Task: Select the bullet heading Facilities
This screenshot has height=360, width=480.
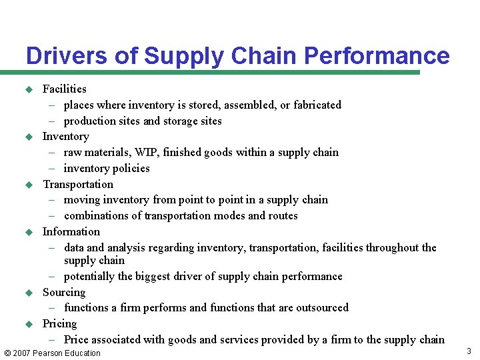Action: [x=65, y=89]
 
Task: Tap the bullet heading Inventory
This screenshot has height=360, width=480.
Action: [x=65, y=136]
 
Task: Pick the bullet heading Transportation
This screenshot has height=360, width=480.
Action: [x=78, y=184]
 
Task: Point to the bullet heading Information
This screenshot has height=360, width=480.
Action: [x=71, y=231]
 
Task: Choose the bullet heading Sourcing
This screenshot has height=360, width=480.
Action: [x=64, y=292]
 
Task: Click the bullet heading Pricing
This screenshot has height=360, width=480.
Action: [x=60, y=323]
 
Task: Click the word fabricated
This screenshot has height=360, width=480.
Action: [x=316, y=105]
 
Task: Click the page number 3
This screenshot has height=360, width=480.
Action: [x=469, y=351]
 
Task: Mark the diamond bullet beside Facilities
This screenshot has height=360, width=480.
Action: [x=29, y=89]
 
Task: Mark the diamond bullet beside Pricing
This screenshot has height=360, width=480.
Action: [x=29, y=324]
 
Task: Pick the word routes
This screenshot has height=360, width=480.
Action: [x=283, y=215]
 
